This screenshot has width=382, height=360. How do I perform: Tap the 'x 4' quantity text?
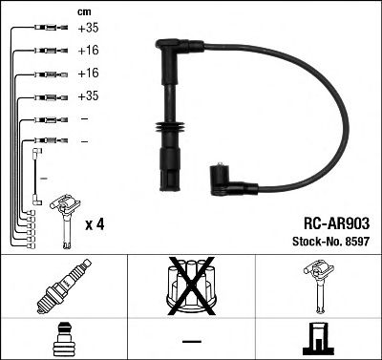(94, 224)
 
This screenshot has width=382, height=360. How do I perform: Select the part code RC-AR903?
(336, 222)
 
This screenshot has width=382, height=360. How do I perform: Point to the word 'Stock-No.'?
(314, 241)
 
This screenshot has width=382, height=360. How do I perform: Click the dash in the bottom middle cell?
(191, 341)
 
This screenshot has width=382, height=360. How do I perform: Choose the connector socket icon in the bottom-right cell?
(316, 339)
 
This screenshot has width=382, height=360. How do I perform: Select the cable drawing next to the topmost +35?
(49, 31)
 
